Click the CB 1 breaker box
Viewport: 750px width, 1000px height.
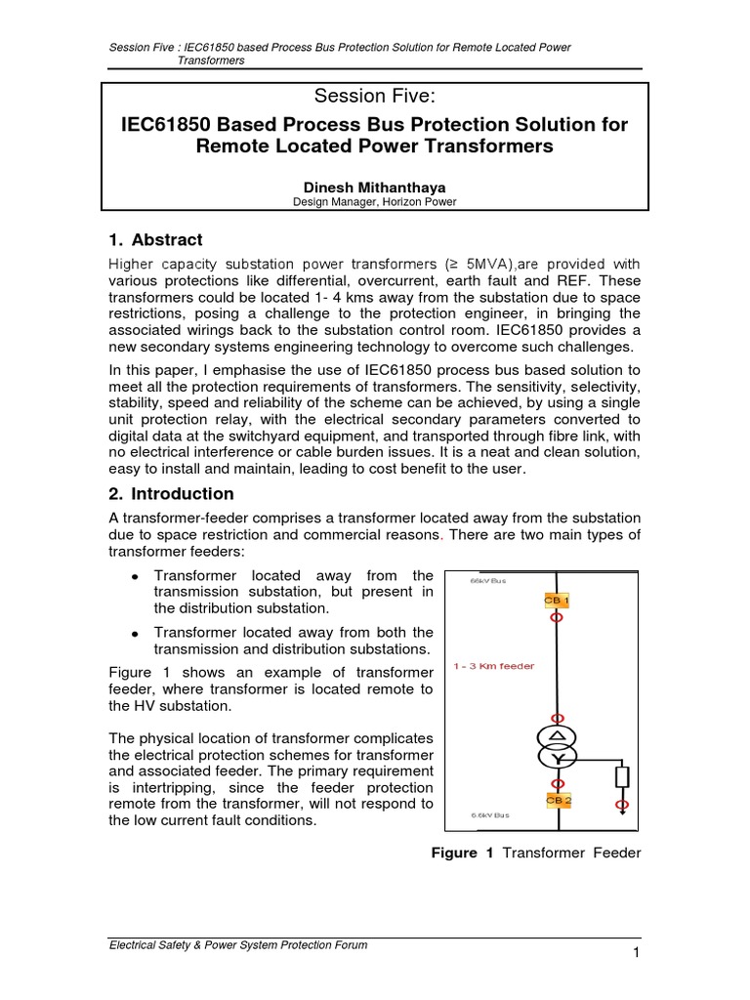[x=556, y=600]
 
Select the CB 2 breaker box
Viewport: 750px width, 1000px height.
[x=558, y=800]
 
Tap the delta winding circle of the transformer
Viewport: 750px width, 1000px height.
[x=557, y=734]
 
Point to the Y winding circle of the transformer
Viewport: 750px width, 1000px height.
[x=557, y=757]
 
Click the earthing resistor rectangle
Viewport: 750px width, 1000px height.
[x=622, y=777]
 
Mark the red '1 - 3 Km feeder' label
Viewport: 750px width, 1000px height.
[x=494, y=666]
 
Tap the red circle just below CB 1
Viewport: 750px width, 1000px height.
[x=556, y=617]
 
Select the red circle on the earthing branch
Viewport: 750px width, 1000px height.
[x=622, y=806]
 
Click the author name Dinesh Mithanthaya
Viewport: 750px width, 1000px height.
[x=375, y=186]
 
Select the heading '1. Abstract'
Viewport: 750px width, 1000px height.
[x=155, y=239]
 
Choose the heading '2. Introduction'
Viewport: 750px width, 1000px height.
[x=169, y=493]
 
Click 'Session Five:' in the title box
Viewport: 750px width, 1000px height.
[x=375, y=96]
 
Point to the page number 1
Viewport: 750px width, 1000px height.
[x=635, y=953]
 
